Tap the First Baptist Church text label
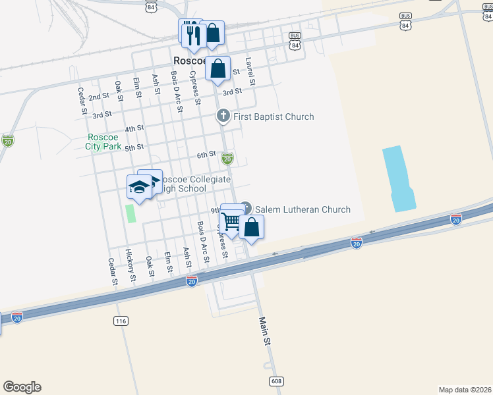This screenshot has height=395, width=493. point(273,117)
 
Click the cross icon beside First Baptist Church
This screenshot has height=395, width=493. point(223,117)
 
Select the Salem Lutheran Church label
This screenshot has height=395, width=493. point(303,210)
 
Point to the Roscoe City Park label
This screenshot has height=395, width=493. point(104,142)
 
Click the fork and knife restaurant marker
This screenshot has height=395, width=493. point(192,35)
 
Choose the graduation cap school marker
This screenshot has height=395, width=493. point(139,187)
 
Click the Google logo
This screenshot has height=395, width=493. point(22,387)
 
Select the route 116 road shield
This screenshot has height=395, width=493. point(120,321)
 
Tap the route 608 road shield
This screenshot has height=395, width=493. point(276,381)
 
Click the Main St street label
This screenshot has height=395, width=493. point(265,332)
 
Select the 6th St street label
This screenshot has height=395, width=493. point(206,155)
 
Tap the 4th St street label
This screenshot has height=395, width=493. point(134,128)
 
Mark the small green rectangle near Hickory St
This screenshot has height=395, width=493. point(130,213)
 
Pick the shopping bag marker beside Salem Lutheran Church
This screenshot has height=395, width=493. point(251,227)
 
